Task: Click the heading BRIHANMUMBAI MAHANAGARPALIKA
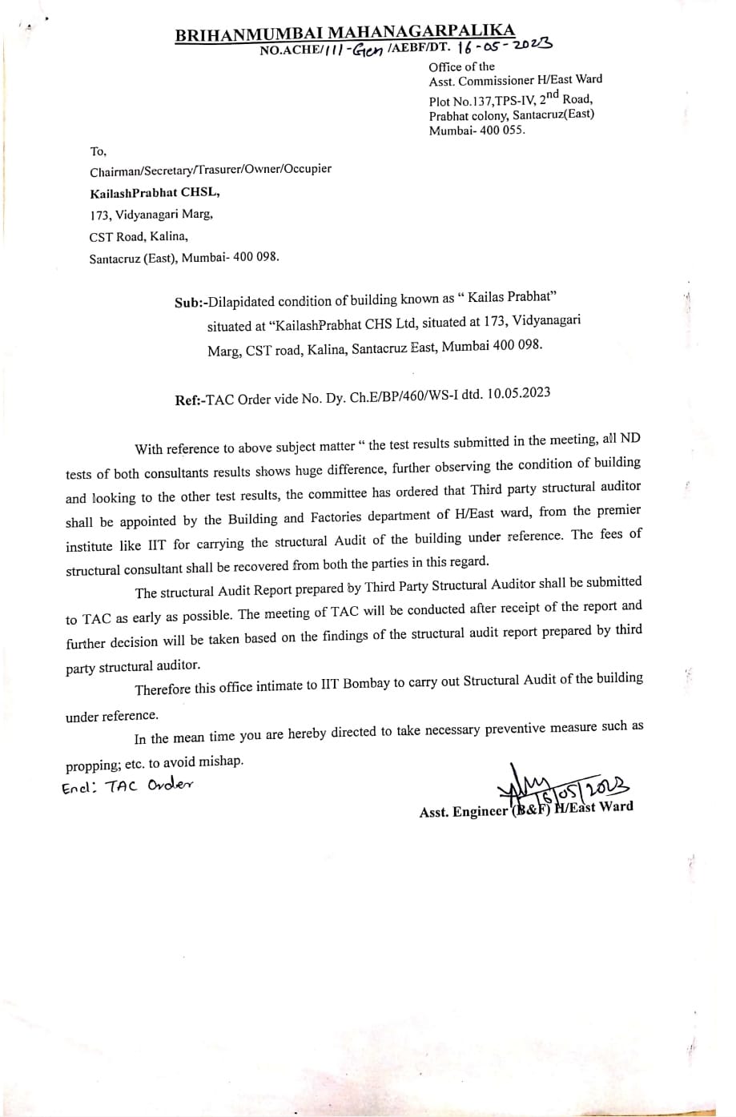pos(344,34)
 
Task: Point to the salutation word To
pos(98,151)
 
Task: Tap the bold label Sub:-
pos(191,303)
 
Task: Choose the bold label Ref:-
pos(190,399)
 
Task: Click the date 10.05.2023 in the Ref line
pos(517,392)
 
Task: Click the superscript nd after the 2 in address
pos(550,92)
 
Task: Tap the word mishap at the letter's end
pos(219,760)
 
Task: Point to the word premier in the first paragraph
pos(617,511)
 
